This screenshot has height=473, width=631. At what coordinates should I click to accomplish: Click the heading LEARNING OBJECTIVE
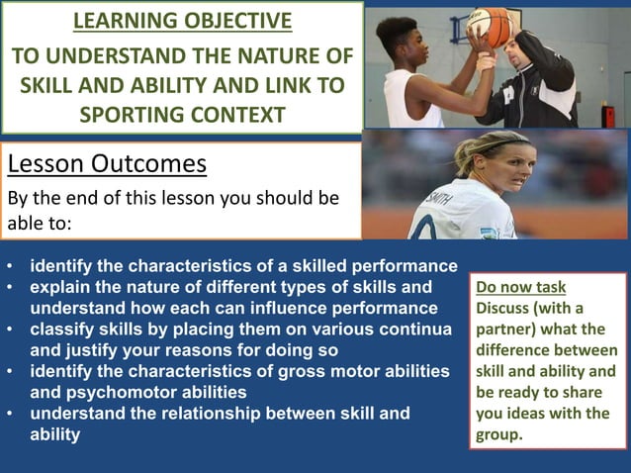182,21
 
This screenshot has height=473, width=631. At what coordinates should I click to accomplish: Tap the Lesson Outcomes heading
107,162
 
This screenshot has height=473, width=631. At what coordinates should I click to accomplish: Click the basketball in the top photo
488,26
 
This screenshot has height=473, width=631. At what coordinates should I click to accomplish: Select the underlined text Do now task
520,288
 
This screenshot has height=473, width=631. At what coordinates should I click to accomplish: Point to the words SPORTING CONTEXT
182,114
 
